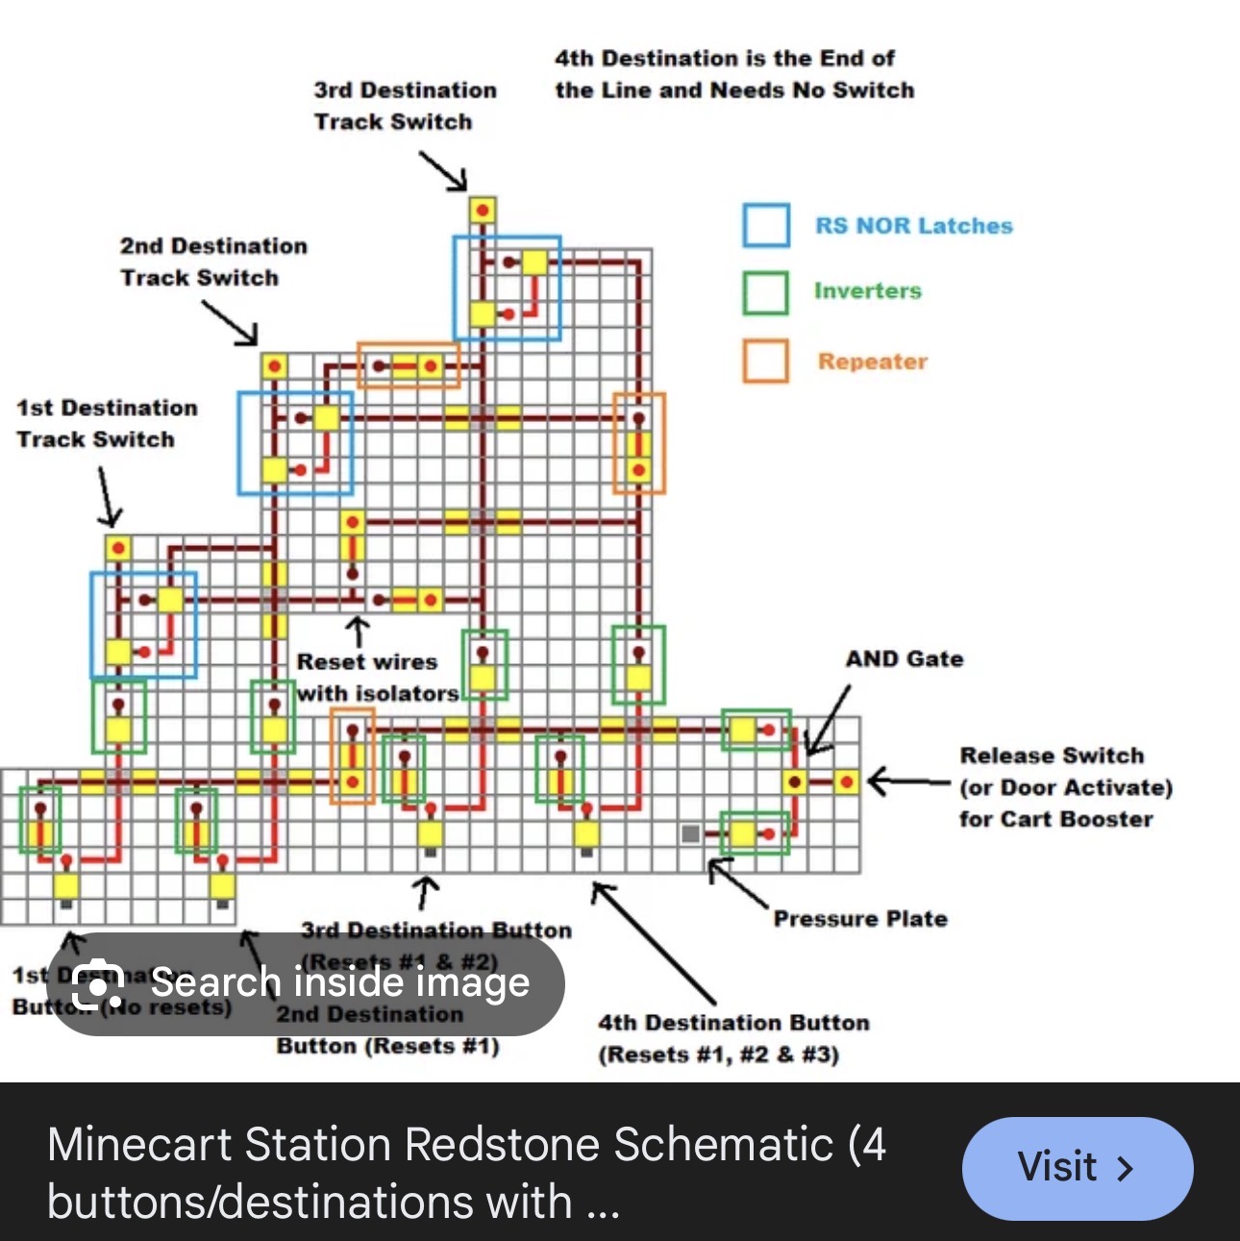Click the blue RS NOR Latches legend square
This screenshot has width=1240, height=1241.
coord(766,226)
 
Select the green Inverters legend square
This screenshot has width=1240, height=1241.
coord(765,292)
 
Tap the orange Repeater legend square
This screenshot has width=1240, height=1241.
coord(765,361)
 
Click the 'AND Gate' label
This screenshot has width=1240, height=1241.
coord(904,659)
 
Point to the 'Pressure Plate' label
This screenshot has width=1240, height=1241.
coord(860,919)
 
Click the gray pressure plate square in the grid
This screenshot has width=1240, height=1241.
coord(690,833)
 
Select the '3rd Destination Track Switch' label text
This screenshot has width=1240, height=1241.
coord(405,106)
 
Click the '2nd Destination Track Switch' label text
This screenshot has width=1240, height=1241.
coord(213,261)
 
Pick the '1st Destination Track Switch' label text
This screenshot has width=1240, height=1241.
coord(107,424)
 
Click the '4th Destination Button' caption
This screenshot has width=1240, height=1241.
coord(733,1023)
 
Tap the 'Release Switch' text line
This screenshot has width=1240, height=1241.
coord(1052,756)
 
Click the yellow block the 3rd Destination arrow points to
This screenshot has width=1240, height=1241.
coord(482,211)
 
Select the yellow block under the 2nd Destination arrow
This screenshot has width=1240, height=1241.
coord(274,366)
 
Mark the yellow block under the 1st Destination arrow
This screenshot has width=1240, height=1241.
coord(117,549)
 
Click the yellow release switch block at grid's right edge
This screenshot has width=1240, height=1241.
coord(845,782)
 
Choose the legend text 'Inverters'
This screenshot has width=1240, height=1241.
coord(867,291)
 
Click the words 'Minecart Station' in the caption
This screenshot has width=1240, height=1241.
coord(218,1145)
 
